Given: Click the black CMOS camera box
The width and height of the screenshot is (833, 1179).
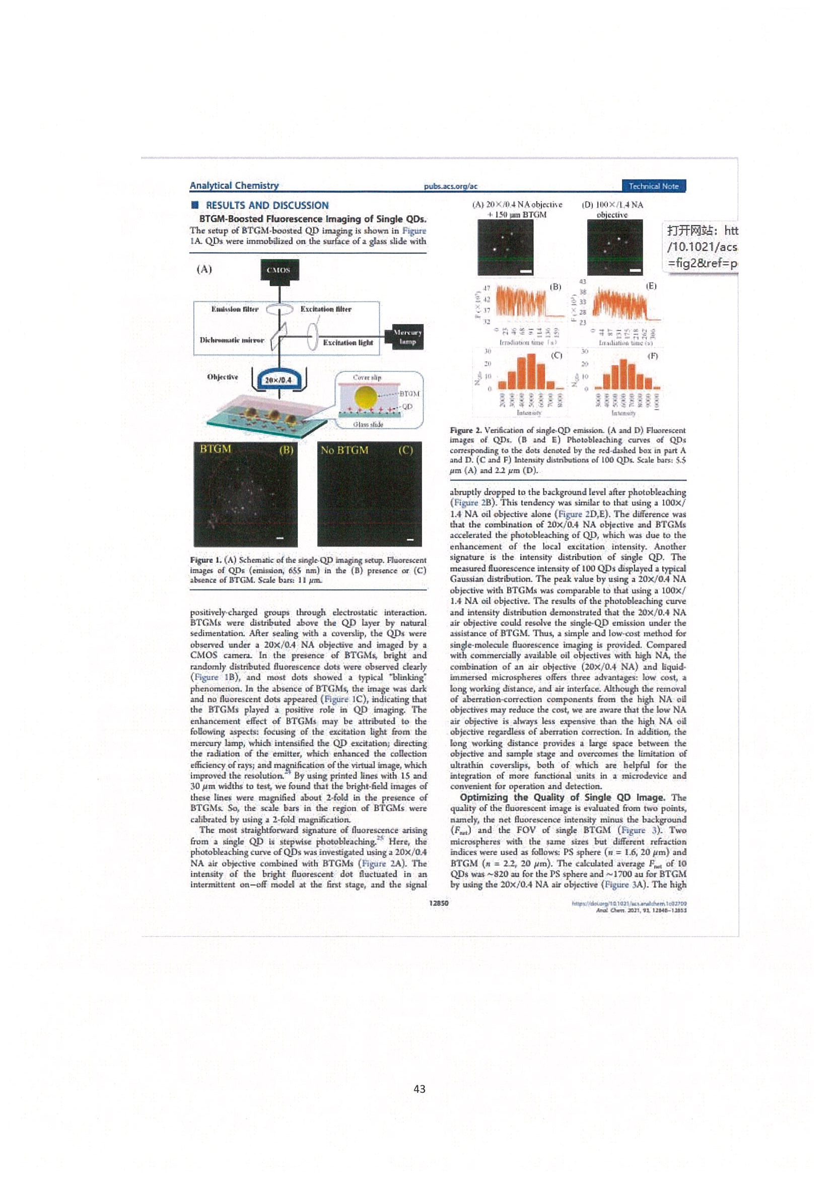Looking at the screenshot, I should click(279, 270).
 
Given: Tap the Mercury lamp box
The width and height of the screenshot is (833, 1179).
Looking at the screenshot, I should click(407, 337).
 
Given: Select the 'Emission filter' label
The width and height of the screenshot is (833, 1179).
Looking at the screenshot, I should click(235, 309).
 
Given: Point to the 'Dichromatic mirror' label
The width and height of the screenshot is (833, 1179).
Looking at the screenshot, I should click(232, 340).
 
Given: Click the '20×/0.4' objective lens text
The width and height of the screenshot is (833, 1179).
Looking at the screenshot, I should click(277, 380).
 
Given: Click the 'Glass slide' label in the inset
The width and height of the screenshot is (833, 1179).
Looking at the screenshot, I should click(368, 424).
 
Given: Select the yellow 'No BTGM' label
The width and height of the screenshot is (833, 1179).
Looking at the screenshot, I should click(344, 450).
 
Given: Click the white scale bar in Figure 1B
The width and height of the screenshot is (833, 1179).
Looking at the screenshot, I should click(280, 538).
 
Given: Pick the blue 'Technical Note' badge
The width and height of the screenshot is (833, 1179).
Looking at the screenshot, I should click(653, 186).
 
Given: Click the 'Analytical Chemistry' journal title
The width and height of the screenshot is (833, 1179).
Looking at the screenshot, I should click(234, 186).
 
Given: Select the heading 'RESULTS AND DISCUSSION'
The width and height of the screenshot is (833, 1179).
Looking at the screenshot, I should click(267, 206).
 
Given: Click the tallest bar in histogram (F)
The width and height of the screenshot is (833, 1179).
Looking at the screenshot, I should click(622, 374).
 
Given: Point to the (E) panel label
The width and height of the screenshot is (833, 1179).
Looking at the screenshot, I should click(650, 286).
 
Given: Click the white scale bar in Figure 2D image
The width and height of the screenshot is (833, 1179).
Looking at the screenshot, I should click(635, 270).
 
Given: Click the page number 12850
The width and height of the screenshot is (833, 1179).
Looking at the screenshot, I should click(438, 903).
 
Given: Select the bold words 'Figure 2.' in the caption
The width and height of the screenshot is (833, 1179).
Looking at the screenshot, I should click(465, 430).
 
